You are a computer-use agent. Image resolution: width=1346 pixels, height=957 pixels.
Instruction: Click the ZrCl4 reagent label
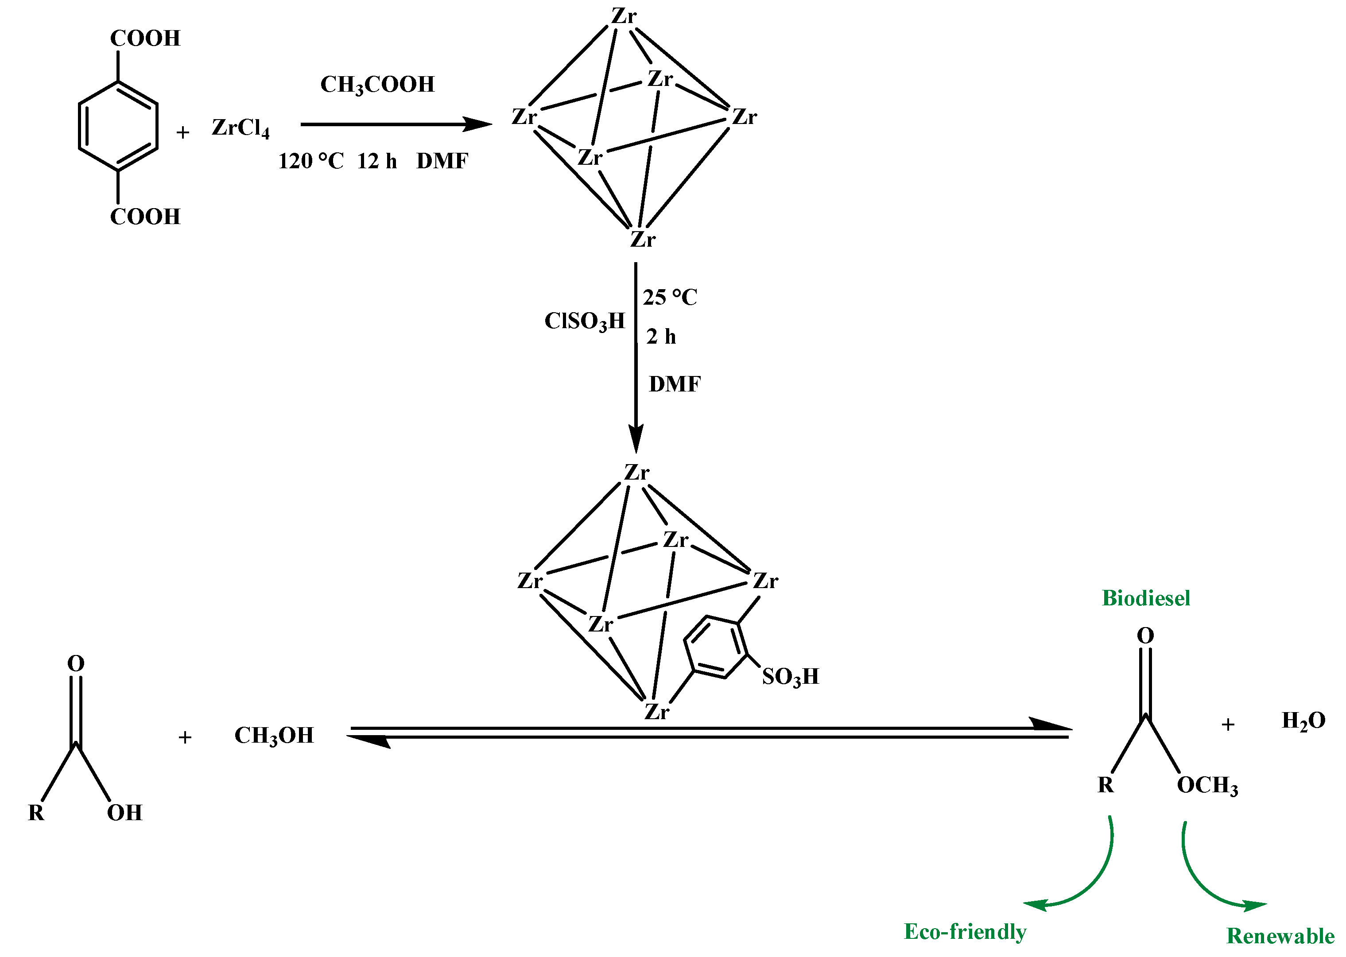point(240,128)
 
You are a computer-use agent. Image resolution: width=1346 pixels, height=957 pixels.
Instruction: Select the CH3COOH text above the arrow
point(377,85)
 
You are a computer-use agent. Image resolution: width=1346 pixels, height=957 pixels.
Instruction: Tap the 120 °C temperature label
point(310,161)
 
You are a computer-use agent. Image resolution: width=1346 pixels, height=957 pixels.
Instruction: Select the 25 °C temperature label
point(670,297)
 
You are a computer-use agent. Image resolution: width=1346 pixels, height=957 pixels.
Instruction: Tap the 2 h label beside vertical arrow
point(661,337)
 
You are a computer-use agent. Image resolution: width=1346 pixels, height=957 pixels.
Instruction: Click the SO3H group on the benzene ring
point(790,677)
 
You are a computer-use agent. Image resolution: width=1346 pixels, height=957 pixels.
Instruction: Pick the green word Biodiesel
point(1146,598)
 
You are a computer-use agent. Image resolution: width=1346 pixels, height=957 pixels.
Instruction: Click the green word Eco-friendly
point(965,932)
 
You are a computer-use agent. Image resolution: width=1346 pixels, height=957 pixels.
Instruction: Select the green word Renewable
point(1280,936)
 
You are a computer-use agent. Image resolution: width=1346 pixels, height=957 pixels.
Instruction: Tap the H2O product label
point(1303,721)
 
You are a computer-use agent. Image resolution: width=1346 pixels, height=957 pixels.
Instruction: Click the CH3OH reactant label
point(274,736)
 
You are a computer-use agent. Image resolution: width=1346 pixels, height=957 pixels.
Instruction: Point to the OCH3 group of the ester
point(1207,786)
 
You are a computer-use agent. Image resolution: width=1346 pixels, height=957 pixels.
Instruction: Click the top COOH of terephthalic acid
point(145,38)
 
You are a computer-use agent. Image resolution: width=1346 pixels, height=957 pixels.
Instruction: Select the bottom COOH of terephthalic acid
point(145,217)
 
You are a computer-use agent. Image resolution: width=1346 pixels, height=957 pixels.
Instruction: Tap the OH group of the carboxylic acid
point(124,813)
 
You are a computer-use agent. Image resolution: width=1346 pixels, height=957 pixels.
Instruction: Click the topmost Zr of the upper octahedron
point(624,16)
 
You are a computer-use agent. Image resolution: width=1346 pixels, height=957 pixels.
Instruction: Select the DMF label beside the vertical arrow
point(674,384)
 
